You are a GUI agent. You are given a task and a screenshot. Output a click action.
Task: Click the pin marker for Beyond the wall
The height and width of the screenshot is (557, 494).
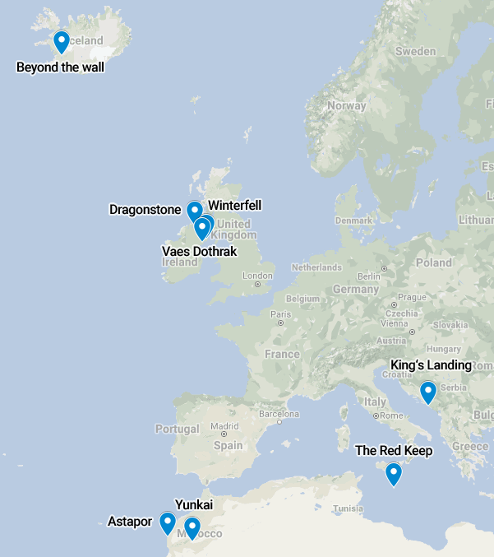pyautogui.click(x=61, y=41)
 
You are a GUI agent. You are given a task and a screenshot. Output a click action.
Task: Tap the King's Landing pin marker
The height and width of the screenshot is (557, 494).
pyautogui.click(x=427, y=392)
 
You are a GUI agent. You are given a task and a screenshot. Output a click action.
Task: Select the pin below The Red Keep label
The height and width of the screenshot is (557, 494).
pyautogui.click(x=394, y=474)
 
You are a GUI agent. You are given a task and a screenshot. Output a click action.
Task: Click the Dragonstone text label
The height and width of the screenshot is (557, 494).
pyautogui.click(x=145, y=210)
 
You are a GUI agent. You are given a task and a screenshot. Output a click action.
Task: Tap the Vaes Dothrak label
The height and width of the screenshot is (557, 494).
pyautogui.click(x=199, y=250)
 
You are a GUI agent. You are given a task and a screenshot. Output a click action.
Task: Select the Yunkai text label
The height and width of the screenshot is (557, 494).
pyautogui.click(x=194, y=504)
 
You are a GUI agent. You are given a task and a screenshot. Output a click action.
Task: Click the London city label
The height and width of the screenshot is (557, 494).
pyautogui.click(x=257, y=276)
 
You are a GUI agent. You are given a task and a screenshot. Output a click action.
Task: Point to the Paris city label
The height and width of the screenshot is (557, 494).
pyautogui.click(x=281, y=313)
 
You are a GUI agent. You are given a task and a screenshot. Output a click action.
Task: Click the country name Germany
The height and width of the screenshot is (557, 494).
pyautogui.click(x=355, y=290)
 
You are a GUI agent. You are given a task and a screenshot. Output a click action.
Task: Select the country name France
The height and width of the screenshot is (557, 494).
pyautogui.click(x=282, y=355)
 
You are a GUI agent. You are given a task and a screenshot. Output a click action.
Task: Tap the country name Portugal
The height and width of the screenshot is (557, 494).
pyautogui.click(x=177, y=429)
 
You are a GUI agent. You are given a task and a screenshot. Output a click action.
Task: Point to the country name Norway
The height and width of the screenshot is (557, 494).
pyautogui.click(x=346, y=105)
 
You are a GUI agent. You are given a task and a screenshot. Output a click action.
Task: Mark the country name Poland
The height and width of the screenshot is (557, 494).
pyautogui.click(x=433, y=262)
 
